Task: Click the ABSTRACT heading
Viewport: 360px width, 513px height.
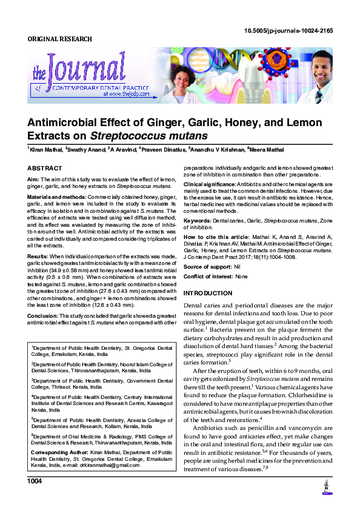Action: [x=45, y=168]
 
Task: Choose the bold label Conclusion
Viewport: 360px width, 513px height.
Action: [x=42, y=315]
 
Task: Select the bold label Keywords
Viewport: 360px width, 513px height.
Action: [x=197, y=221]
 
